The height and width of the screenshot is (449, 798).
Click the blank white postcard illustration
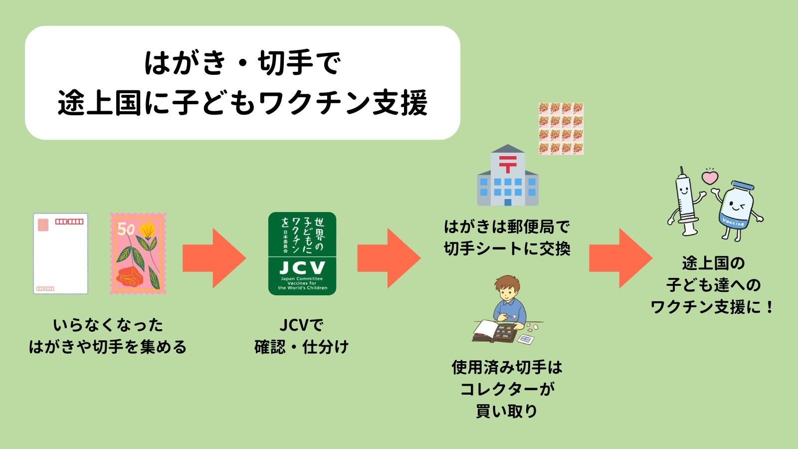tap(60, 253)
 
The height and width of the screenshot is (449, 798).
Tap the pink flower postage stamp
tap(138, 253)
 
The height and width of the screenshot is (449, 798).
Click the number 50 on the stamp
tap(126, 229)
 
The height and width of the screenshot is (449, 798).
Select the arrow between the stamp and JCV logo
tap(214, 258)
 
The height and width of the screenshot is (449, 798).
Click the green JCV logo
tap(302, 253)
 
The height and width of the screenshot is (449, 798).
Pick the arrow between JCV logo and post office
tap(389, 258)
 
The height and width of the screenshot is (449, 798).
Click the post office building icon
tap(508, 175)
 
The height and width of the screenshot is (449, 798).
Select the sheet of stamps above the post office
tap(561, 129)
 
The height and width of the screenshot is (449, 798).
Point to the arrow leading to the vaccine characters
tap(620, 258)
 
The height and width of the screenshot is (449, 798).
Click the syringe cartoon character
tap(686, 202)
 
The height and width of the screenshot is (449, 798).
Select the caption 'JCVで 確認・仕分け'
tap(301, 336)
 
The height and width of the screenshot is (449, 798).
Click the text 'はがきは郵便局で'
tap(507, 226)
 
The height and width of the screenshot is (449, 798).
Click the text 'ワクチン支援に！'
tap(712, 307)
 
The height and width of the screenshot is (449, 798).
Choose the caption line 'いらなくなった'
tap(108, 325)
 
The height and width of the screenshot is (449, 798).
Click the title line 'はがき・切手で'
tap(242, 63)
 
